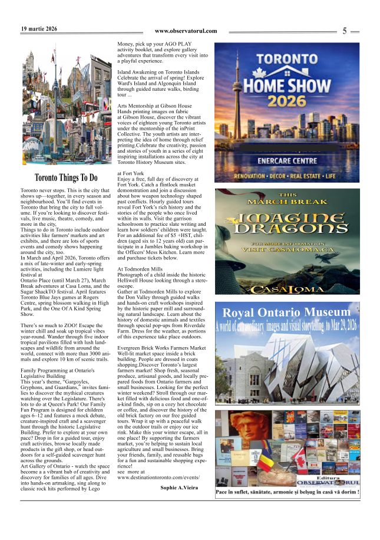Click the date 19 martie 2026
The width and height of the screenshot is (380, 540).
pyautogui.click(x=39, y=28)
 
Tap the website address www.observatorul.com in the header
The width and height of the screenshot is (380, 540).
pyautogui.click(x=186, y=31)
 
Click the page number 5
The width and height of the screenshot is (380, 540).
pyautogui.click(x=345, y=31)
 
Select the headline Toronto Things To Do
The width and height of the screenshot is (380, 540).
pyautogui.click(x=65, y=177)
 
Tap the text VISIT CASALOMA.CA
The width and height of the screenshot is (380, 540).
pyautogui.click(x=287, y=249)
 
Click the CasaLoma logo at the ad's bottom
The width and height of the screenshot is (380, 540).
pyautogui.click(x=287, y=289)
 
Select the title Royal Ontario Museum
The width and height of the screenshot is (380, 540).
pyautogui.click(x=287, y=312)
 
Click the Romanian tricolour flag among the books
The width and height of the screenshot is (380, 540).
pyautogui.click(x=266, y=457)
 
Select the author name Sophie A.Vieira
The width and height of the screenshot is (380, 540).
pyautogui.click(x=179, y=488)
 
